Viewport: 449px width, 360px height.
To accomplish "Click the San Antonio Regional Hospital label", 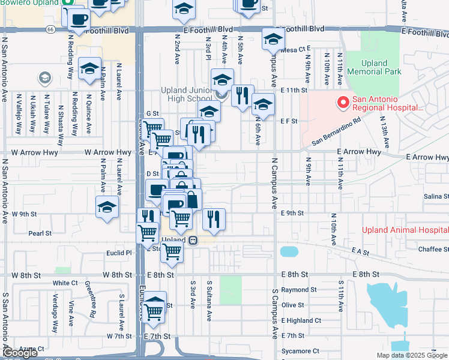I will point(387,104).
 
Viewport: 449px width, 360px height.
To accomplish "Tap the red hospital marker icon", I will point(343,103).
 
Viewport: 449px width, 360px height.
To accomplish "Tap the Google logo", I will point(20,353).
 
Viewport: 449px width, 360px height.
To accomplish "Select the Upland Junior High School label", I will point(185,94).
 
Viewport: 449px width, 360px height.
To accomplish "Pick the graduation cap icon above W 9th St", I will point(107,207).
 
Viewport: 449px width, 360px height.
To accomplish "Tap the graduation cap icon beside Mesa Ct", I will point(273,40).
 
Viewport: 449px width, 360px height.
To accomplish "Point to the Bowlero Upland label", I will point(29,3).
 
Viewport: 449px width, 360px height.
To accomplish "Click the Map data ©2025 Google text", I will point(412,355).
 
